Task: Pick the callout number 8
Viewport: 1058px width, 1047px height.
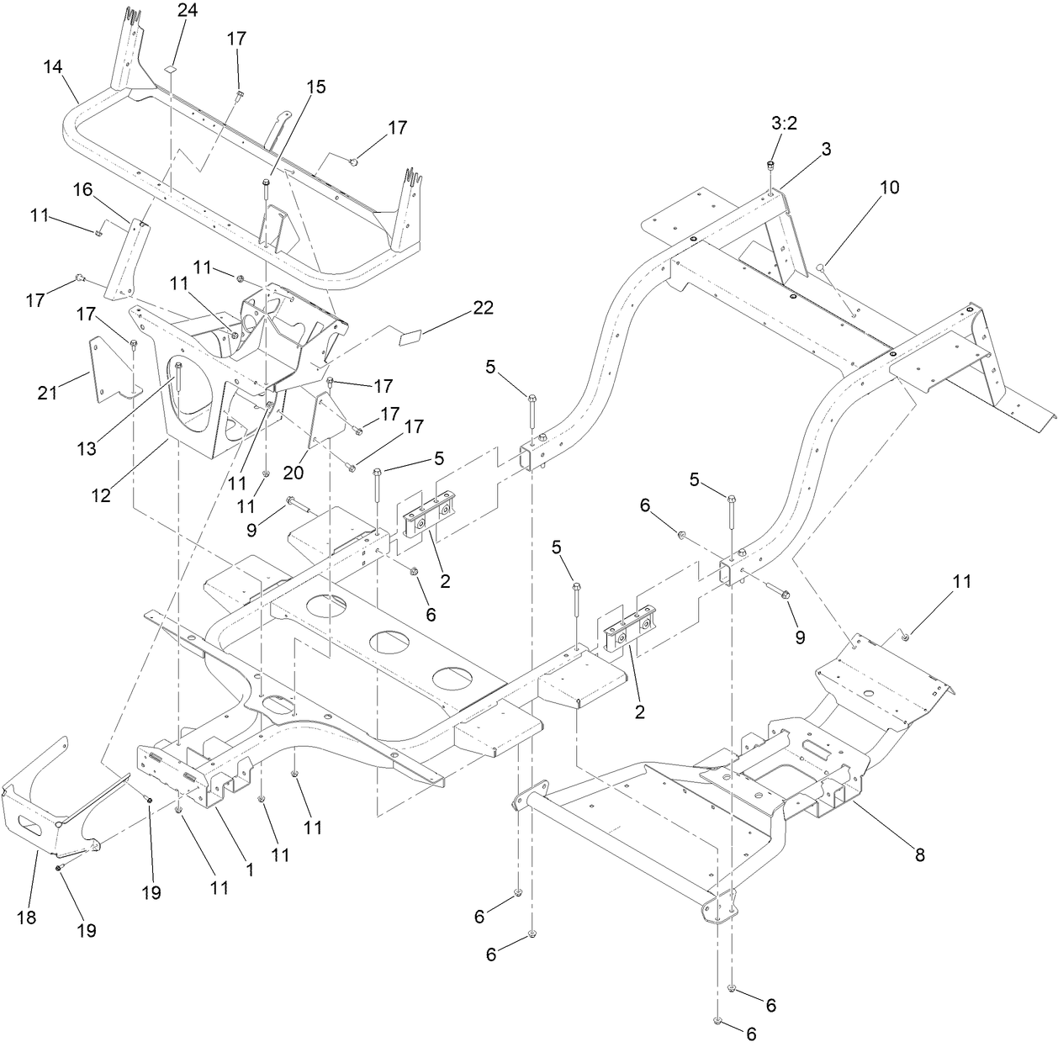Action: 919,854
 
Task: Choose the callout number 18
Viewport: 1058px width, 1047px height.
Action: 27,917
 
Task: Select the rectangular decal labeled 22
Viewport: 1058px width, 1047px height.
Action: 410,337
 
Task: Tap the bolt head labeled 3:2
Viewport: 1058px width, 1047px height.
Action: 770,165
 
